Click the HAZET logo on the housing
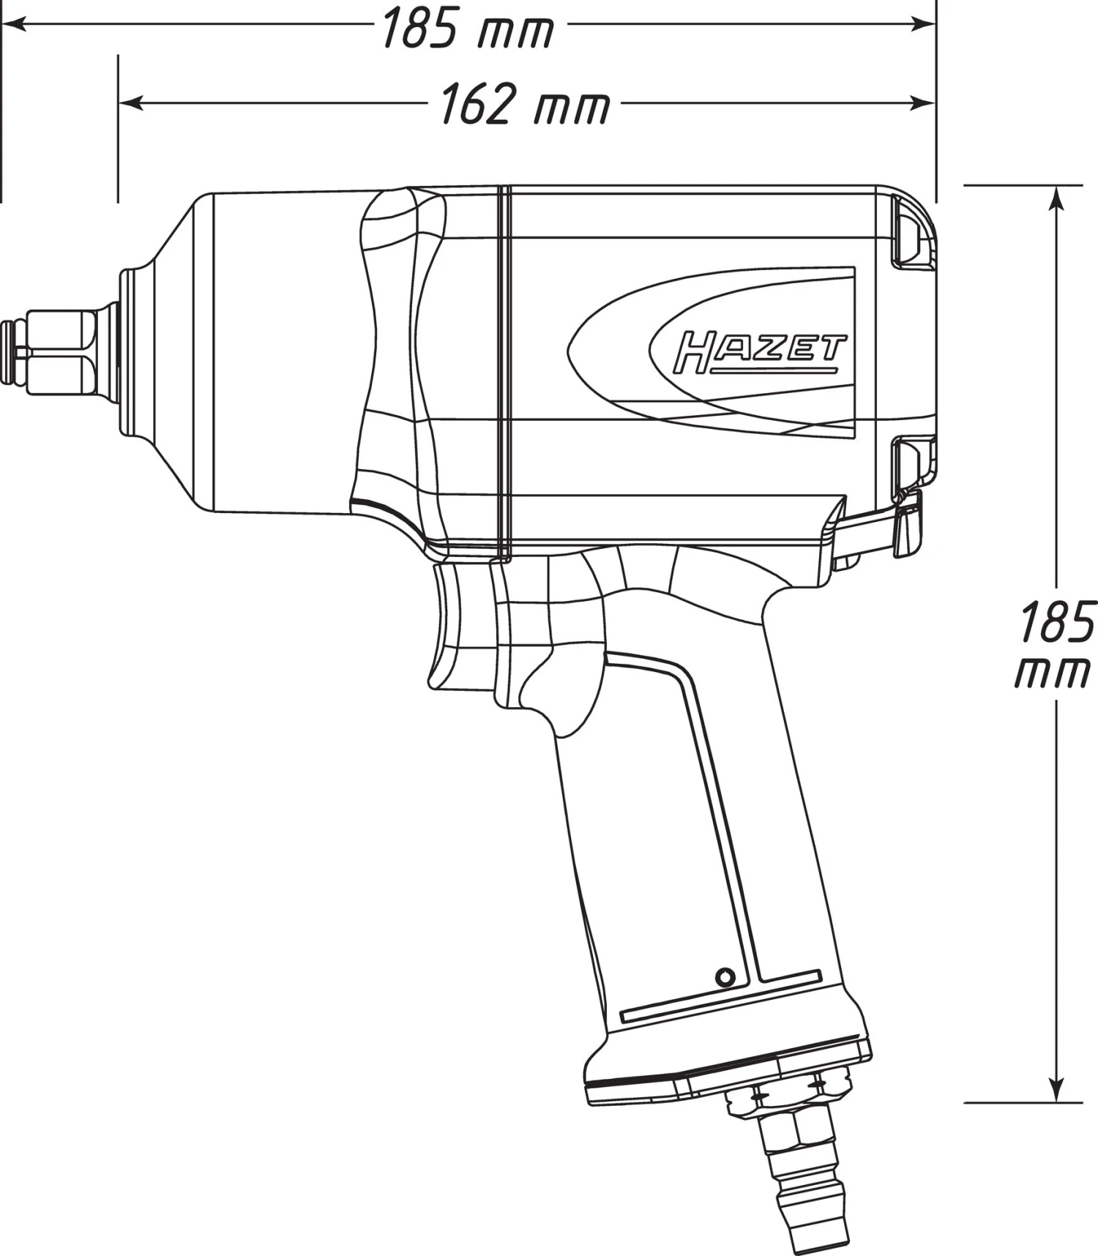click(x=759, y=354)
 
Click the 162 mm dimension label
click(x=524, y=104)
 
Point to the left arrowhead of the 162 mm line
click(x=130, y=103)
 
